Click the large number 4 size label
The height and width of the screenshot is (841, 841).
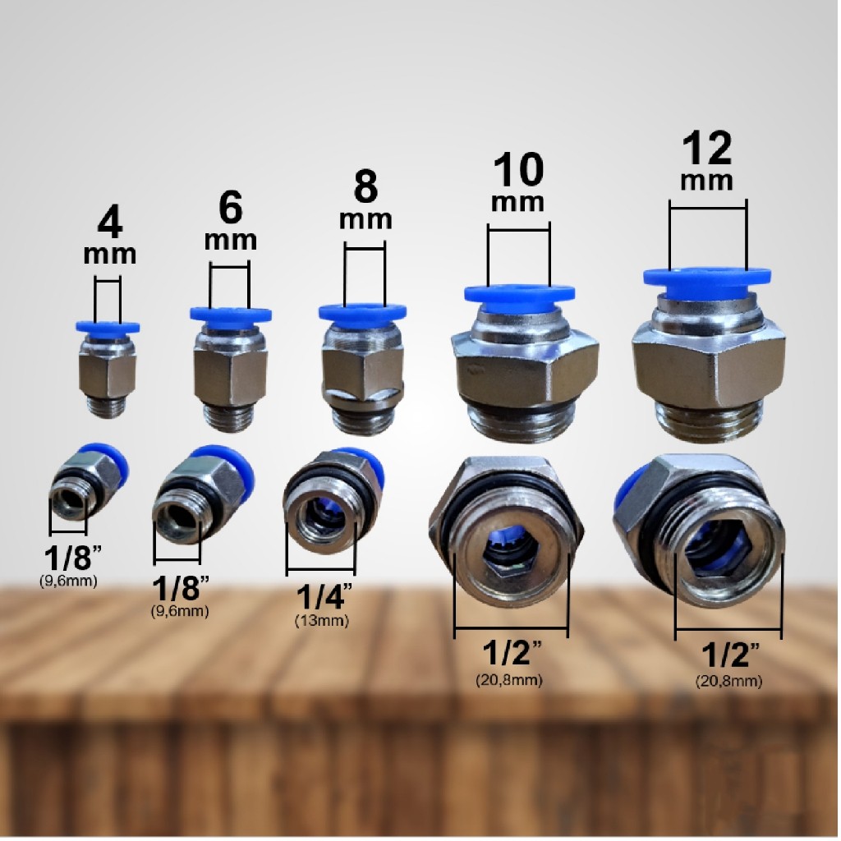pos(109,223)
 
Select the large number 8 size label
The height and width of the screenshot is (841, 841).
pos(365,188)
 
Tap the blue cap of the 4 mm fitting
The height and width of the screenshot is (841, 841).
pos(108,327)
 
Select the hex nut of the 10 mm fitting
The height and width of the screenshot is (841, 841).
pos(525,370)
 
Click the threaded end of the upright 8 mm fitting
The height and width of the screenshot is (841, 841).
pos(363,420)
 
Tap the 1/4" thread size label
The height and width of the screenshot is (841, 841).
pos(321,595)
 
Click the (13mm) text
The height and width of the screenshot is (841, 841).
pos(321,621)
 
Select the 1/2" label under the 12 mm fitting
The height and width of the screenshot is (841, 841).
pos(729,656)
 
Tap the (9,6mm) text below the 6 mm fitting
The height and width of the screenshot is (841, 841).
pos(180,611)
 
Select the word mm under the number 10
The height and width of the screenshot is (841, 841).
pos(518,200)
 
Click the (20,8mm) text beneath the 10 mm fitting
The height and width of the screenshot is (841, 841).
pos(508,680)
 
